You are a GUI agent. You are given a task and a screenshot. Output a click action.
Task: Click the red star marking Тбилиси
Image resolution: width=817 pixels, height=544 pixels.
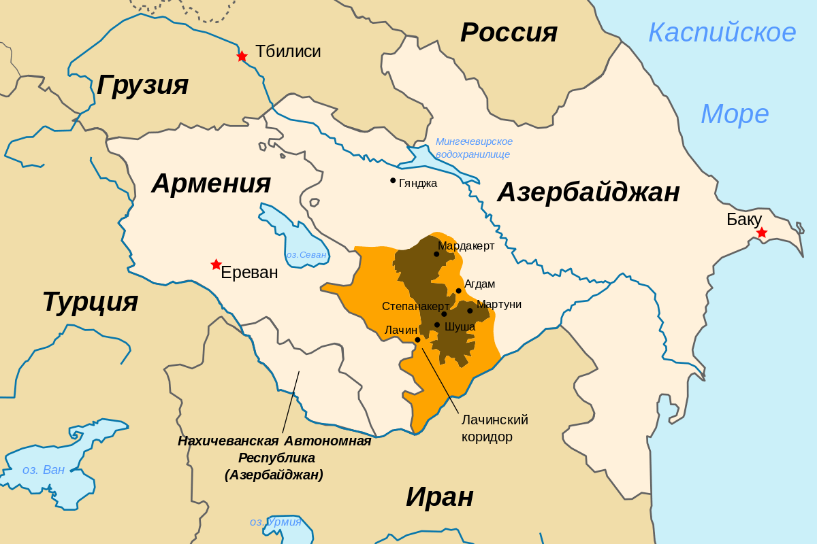[242, 56]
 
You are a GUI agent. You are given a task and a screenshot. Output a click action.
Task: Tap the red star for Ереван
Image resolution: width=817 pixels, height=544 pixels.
[216, 265]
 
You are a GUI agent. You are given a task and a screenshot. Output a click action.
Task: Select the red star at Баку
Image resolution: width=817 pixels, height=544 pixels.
[761, 233]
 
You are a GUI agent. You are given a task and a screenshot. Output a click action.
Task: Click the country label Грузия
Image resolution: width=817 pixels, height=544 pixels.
[142, 85]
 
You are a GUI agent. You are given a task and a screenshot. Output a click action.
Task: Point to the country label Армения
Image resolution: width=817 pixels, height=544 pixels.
[211, 184]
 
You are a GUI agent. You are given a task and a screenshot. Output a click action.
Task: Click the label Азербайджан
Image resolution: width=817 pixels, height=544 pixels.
[588, 192]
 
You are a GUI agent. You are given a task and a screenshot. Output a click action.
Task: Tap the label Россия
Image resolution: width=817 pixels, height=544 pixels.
[509, 33]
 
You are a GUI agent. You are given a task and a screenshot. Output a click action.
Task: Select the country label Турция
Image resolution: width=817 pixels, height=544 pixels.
[90, 301]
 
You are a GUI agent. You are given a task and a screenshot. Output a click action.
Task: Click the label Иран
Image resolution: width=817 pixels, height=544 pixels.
[439, 497]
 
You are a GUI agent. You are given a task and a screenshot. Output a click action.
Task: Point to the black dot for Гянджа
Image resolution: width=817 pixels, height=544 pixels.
[393, 180]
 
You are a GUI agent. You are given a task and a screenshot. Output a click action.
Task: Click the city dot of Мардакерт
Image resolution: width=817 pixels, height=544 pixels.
[436, 254]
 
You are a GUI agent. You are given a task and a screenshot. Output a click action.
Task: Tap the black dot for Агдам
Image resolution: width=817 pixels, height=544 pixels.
[458, 290]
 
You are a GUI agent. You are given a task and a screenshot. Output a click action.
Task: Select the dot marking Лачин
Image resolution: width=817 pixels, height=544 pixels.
[417, 340]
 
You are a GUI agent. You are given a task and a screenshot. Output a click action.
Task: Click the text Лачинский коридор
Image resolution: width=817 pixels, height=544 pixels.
[494, 428]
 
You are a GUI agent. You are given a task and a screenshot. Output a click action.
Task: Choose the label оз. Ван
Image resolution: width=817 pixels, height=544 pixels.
[44, 470]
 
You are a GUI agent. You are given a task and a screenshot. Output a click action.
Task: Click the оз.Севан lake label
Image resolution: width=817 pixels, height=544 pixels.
[306, 255]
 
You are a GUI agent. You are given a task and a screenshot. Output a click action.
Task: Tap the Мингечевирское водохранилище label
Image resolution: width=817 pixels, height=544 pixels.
[474, 148]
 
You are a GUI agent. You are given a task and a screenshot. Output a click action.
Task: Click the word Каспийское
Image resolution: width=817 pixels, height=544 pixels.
[722, 33]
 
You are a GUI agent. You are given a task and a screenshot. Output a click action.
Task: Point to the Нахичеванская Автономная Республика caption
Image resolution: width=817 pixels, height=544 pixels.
[274, 458]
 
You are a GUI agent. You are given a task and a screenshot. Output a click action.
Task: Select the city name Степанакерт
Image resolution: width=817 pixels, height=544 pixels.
[415, 307]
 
